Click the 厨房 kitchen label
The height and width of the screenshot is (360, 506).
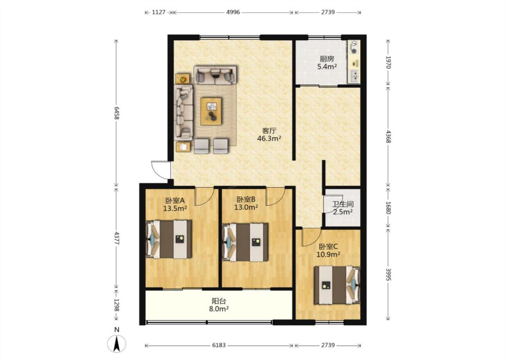(327, 59)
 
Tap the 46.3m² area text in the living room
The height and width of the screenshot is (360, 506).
(269, 139)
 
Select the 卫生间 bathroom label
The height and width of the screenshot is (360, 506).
(343, 204)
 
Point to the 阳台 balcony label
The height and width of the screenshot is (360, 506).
(219, 301)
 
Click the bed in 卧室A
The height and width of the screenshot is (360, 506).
(169, 239)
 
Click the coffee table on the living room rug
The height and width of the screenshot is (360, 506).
(211, 111)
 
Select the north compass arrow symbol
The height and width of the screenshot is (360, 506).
(117, 343)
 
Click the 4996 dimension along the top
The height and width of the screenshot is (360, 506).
(233, 12)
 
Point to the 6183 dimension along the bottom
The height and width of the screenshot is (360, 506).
(219, 345)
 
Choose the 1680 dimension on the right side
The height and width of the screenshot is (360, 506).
(388, 207)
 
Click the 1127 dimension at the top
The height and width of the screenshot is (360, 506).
(158, 12)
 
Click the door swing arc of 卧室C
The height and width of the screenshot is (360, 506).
(310, 238)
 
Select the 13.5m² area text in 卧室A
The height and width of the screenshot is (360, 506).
(175, 208)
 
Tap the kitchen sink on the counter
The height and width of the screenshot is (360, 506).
(354, 76)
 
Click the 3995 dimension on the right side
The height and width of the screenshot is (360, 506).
(388, 274)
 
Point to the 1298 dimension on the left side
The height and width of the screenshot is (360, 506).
(116, 305)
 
